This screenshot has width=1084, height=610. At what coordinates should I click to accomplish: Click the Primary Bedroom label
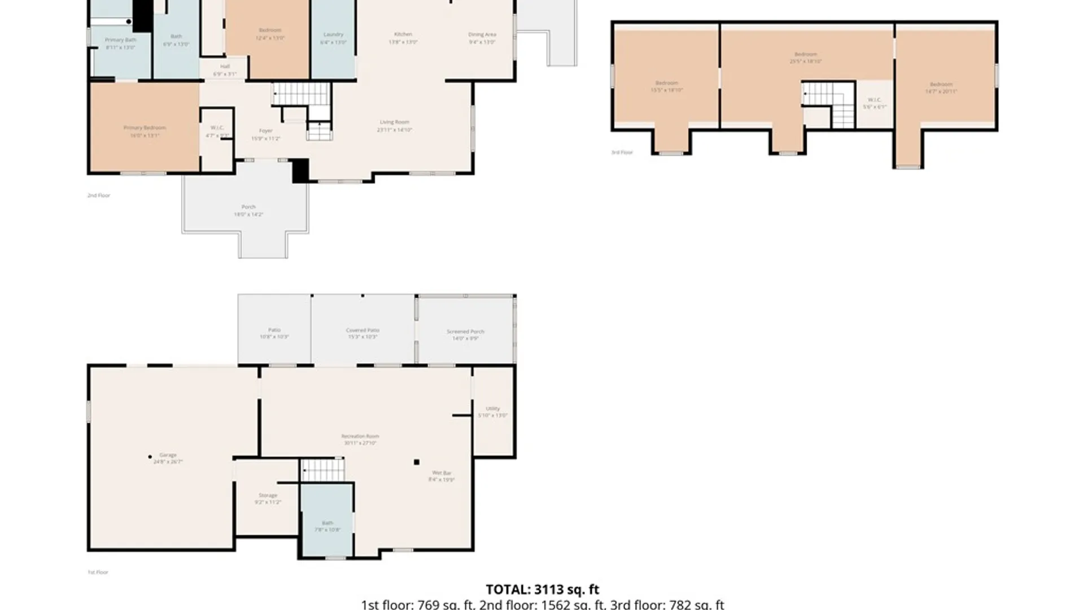coord(145,128)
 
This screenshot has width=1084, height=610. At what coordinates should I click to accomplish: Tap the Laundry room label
coord(333,35)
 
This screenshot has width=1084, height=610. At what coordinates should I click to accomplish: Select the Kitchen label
coord(403,34)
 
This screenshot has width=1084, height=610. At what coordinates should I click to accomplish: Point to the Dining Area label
coord(482,35)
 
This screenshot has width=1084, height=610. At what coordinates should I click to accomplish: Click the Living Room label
coord(394,123)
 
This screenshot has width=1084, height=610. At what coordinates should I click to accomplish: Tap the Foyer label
coord(265,131)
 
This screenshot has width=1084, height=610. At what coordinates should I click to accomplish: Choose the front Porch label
coord(248,207)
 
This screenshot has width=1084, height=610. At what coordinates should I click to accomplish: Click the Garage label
coord(168,455)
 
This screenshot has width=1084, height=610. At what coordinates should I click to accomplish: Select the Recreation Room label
coord(360,437)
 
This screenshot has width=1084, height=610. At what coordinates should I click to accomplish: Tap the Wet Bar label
coord(442,473)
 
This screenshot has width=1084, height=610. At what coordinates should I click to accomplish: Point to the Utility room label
coord(492,409)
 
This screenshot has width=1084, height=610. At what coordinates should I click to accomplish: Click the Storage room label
coord(268,496)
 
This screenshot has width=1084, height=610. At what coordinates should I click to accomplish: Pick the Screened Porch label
coord(465,332)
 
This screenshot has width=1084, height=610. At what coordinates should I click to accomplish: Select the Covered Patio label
coord(362,330)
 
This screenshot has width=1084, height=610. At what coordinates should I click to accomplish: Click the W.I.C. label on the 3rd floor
coord(874,100)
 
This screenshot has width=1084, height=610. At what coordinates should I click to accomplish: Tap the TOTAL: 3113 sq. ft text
coord(542,590)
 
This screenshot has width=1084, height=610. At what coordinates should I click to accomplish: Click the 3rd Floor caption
coord(622,152)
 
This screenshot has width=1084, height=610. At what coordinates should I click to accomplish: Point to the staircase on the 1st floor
coord(322,470)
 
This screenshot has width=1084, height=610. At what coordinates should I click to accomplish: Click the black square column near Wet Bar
coord(417,462)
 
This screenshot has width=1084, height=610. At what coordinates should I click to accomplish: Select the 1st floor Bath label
coord(327,523)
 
